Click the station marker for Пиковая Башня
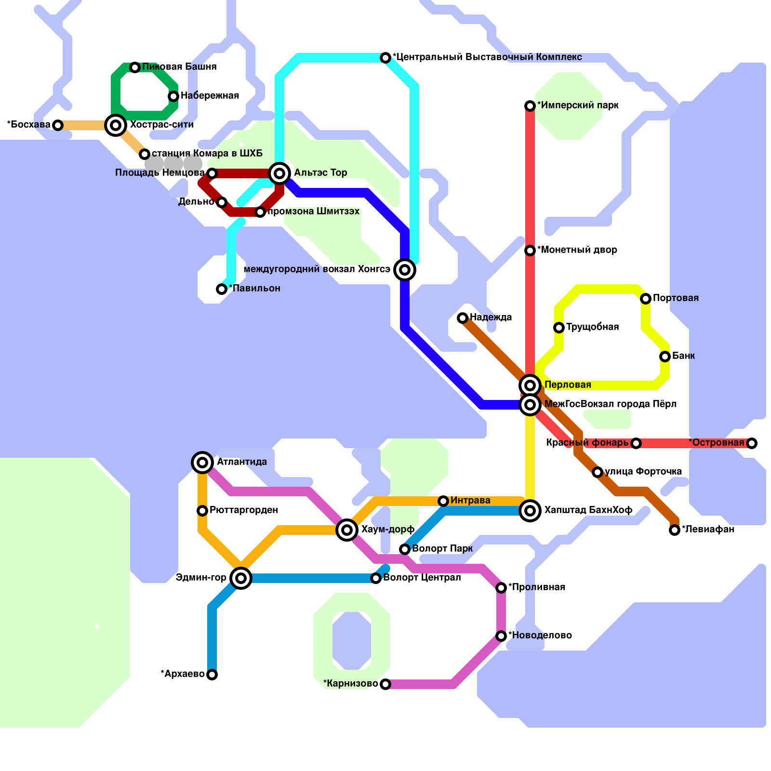[135, 67]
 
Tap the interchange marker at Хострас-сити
[116, 125]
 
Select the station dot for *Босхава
[58, 125]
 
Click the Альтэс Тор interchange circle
[279, 173]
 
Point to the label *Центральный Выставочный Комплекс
[487, 57]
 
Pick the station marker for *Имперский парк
[530, 106]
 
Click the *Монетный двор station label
[577, 250]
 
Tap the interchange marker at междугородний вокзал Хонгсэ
[405, 270]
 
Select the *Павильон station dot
[222, 289]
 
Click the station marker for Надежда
[463, 318]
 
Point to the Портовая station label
[676, 298]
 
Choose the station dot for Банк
[665, 357]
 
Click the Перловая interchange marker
[530, 385]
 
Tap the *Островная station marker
[752, 443]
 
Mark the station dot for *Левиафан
[675, 530]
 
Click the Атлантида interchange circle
[202, 463]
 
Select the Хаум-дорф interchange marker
[347, 530]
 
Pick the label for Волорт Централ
[422, 578]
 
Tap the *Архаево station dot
[212, 675]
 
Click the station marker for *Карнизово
[385, 684]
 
